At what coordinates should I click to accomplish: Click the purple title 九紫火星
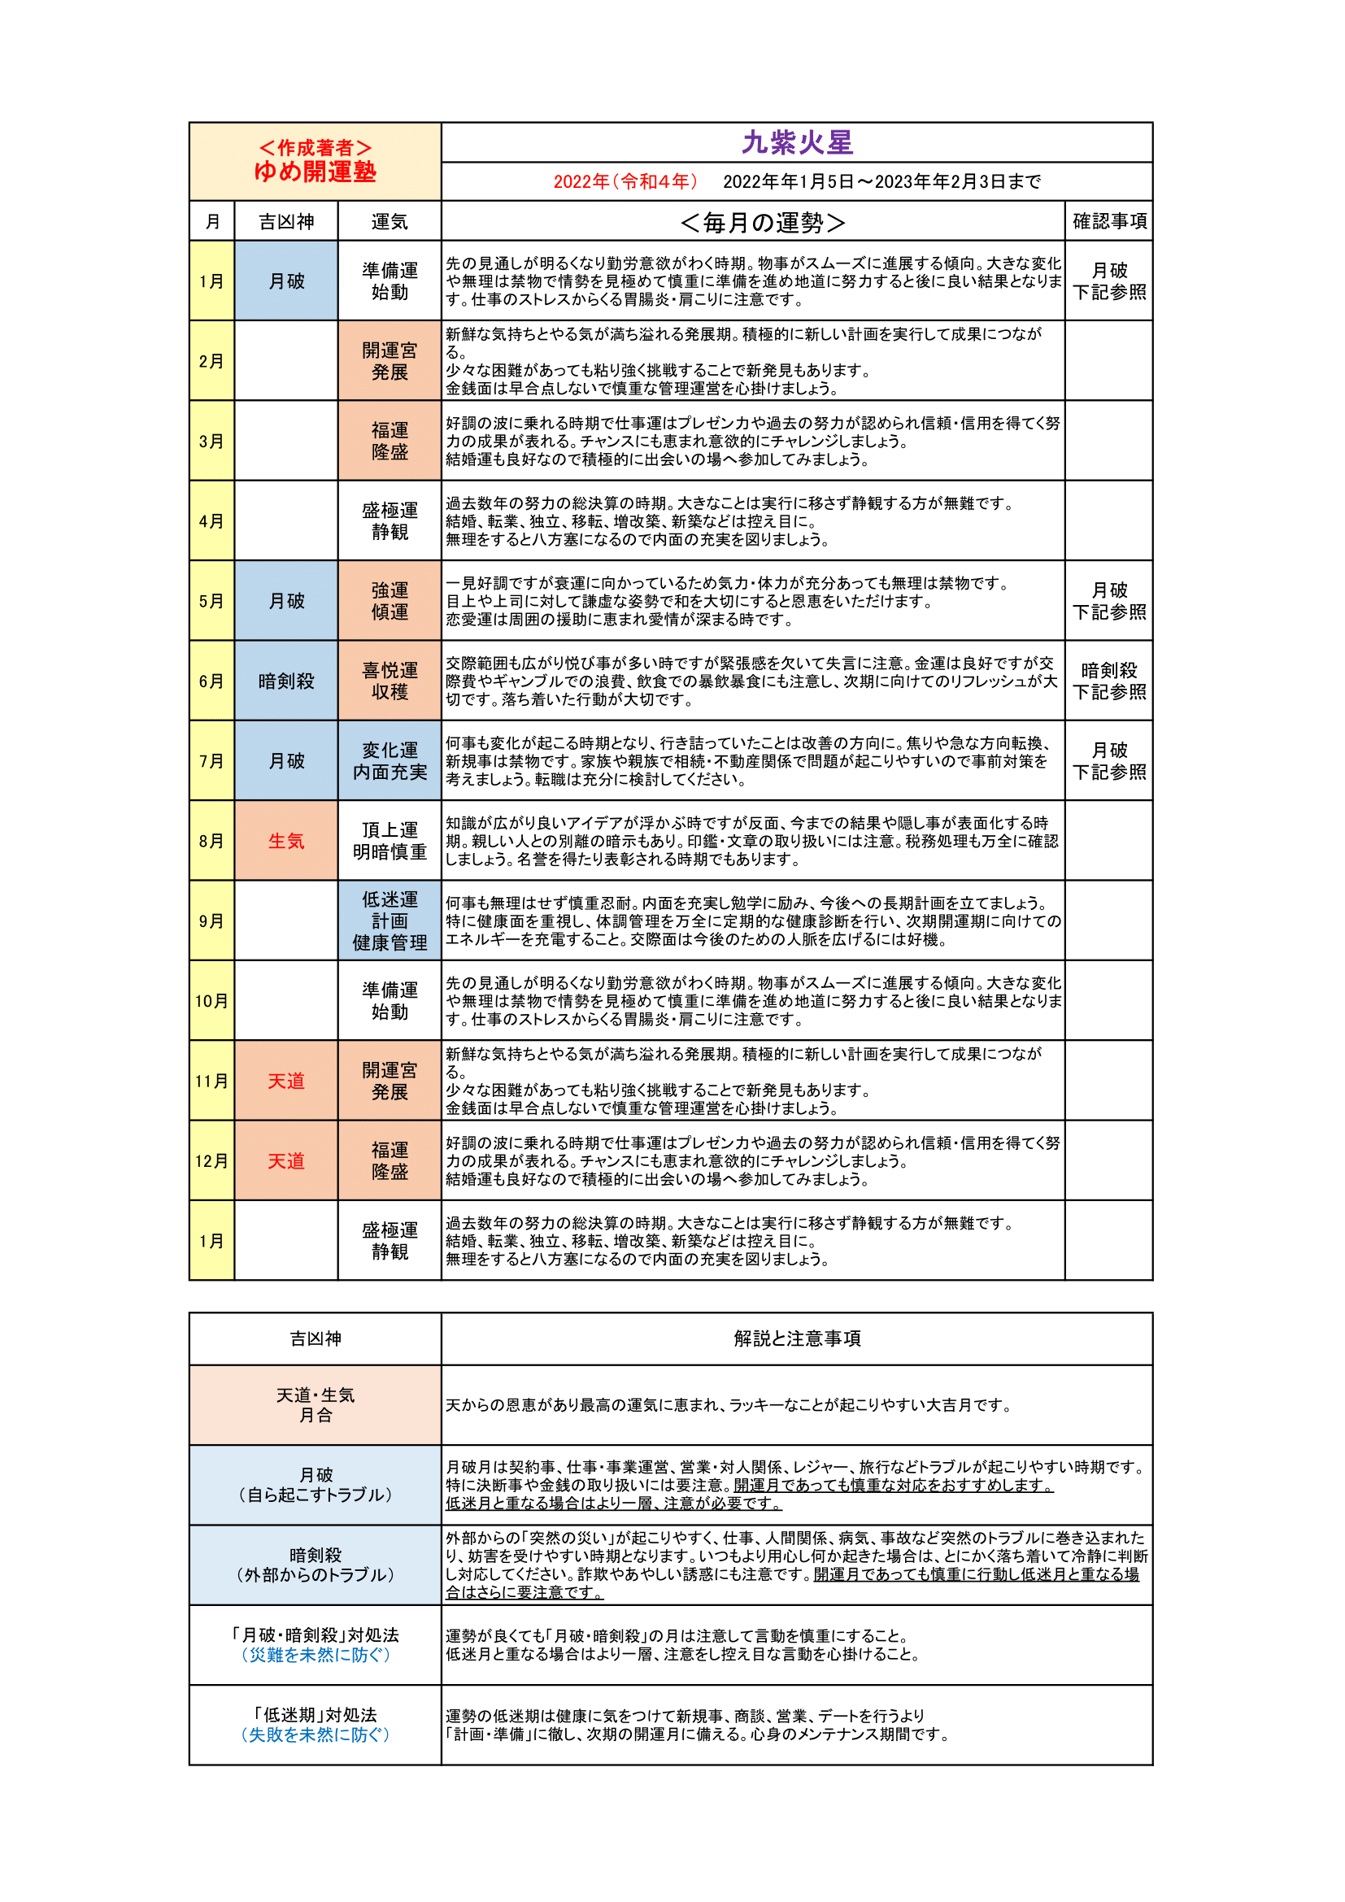pyautogui.click(x=797, y=143)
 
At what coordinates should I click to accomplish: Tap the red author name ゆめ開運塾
pyautogui.click(x=315, y=172)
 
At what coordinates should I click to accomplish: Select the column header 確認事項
pyautogui.click(x=1109, y=221)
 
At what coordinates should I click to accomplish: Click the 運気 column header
pyautogui.click(x=390, y=222)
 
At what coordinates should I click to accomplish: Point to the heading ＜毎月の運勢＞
pyautogui.click(x=762, y=222)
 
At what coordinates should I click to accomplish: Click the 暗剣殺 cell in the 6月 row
pyautogui.click(x=285, y=681)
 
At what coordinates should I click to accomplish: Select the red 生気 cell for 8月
pyautogui.click(x=285, y=841)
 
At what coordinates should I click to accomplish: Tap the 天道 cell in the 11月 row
pyautogui.click(x=285, y=1081)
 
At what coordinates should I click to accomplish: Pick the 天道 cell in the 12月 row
pyautogui.click(x=285, y=1161)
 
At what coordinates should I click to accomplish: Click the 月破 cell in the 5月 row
pyautogui.click(x=285, y=602)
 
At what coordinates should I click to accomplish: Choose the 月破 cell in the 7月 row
pyautogui.click(x=285, y=760)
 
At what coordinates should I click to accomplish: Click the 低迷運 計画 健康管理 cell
pyautogui.click(x=390, y=921)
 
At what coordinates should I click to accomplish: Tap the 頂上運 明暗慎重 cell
pyautogui.click(x=390, y=841)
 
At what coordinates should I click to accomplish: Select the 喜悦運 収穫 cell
pyautogui.click(x=390, y=681)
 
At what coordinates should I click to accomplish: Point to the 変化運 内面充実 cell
pyautogui.click(x=390, y=760)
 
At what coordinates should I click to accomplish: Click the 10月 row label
pyautogui.click(x=211, y=1001)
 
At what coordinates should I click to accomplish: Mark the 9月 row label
pyautogui.click(x=211, y=921)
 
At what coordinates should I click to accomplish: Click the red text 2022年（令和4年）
pyautogui.click(x=625, y=181)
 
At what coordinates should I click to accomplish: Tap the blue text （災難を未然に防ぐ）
pyautogui.click(x=315, y=1655)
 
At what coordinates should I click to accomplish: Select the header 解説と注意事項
pyautogui.click(x=797, y=1338)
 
